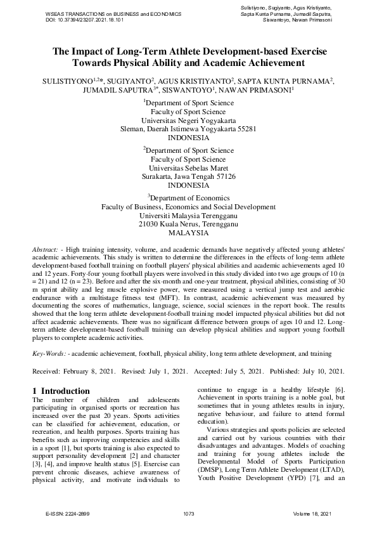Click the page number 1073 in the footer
click(x=188, y=513)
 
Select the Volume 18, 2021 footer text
click(x=312, y=513)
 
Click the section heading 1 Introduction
click(x=61, y=391)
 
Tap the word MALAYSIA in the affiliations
click(x=188, y=233)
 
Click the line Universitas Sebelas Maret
click(x=188, y=168)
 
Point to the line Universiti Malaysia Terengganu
click(x=188, y=215)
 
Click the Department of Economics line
click(x=188, y=197)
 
